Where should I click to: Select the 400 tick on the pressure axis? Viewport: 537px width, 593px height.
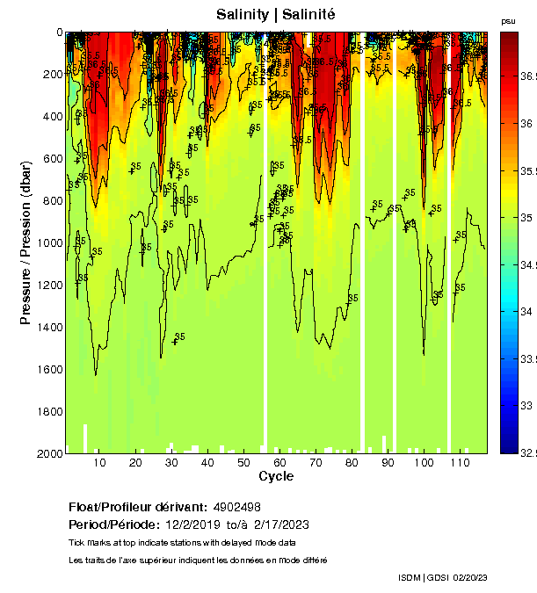click(x=53, y=116)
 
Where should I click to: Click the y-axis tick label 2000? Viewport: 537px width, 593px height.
click(x=50, y=453)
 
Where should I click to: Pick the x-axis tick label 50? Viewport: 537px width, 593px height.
click(x=243, y=463)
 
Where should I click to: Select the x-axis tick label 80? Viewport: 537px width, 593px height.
click(x=352, y=463)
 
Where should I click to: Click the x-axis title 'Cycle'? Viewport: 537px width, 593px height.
click(x=275, y=476)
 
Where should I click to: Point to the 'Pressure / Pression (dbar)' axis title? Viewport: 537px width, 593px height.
click(x=25, y=242)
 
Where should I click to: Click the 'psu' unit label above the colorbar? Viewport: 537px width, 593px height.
click(x=508, y=20)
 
